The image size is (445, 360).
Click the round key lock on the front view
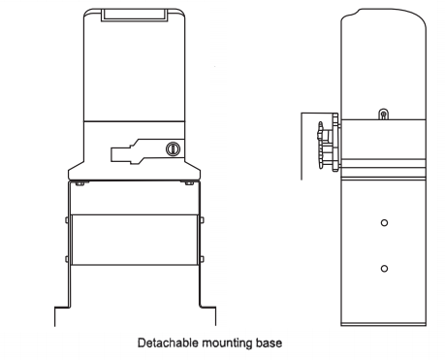174,149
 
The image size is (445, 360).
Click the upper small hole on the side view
384,222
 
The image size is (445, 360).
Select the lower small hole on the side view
384,267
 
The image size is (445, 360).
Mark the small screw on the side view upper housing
384,115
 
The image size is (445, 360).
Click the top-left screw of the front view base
77,182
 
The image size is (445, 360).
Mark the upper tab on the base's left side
66,219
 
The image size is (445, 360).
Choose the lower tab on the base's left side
66,257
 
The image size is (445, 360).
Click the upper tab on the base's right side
204,219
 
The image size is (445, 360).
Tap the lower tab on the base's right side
204,257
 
